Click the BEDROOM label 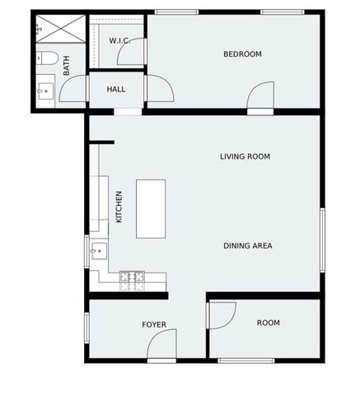(242, 54)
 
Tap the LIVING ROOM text (245, 156)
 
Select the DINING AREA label (247, 245)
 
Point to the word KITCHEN (119, 207)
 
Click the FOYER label (154, 324)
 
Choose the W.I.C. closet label (120, 40)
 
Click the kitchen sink (99, 250)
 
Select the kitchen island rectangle (151, 208)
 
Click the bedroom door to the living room (260, 99)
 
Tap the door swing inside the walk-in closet (132, 53)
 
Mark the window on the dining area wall (322, 239)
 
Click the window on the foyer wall (86, 326)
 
